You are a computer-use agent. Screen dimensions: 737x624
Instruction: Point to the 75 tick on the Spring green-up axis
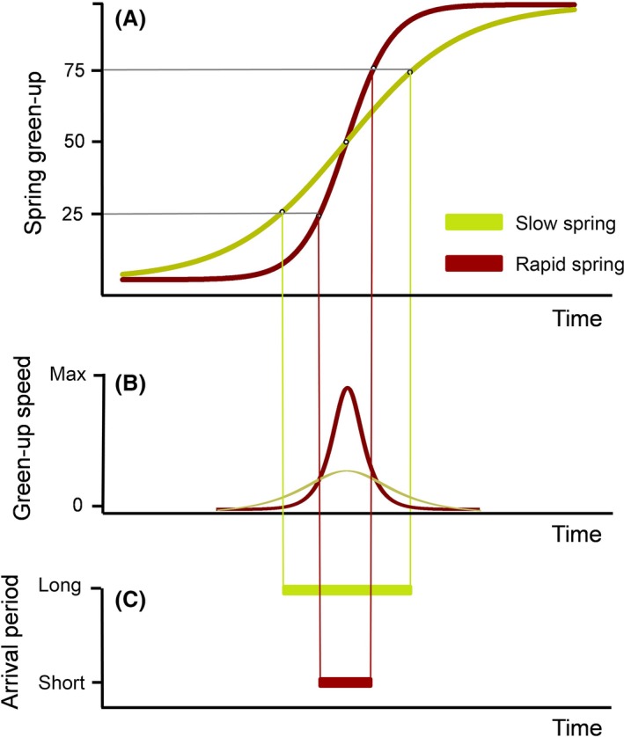[x=74, y=70]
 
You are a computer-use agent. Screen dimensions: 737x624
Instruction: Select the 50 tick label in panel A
[x=74, y=142]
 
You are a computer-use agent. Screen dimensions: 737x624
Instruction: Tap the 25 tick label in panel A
[x=74, y=214]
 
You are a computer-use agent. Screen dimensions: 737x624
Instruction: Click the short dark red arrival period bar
[x=346, y=682]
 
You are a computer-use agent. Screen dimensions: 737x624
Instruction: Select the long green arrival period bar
[x=347, y=589]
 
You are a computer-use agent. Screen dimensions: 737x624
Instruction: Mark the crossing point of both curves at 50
[x=346, y=142]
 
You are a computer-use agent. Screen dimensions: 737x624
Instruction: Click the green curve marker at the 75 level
[x=410, y=72]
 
